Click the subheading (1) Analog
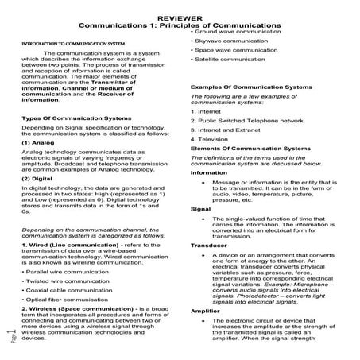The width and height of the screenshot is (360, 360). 37,144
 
